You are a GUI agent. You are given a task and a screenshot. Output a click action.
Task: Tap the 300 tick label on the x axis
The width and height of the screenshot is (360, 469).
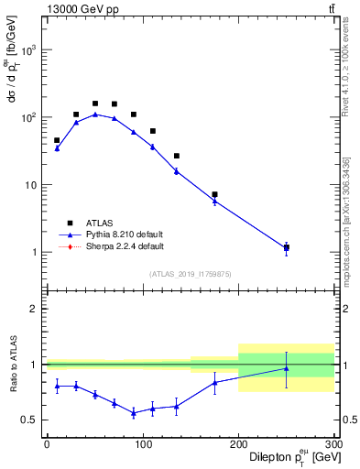[x=333, y=444]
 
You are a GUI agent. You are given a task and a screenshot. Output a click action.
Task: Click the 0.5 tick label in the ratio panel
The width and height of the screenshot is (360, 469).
[x=30, y=420]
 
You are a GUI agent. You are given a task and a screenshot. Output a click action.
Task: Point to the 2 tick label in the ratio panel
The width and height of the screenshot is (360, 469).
[x=35, y=309]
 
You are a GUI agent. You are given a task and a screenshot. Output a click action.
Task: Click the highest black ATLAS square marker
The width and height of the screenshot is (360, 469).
[x=95, y=104]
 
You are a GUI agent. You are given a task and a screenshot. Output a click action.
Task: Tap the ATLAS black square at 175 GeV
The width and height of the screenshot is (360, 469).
[x=214, y=194]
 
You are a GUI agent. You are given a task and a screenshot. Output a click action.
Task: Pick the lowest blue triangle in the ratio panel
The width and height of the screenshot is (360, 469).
[x=133, y=413]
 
